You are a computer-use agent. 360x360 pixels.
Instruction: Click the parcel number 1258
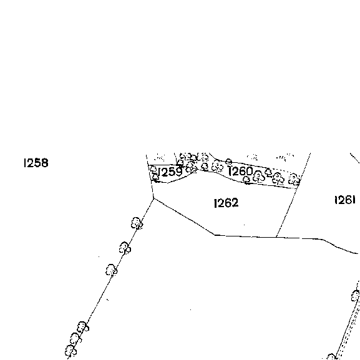point(36,163)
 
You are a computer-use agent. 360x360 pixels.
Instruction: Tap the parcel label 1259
point(170,172)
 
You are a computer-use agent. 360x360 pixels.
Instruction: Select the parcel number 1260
point(240,172)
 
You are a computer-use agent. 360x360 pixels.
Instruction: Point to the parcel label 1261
point(345,200)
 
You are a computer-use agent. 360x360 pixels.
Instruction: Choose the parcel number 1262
point(226,203)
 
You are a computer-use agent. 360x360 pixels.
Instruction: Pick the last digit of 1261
point(354,200)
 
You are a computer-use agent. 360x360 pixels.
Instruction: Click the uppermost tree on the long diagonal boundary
point(137,223)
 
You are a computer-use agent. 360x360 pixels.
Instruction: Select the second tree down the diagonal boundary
point(125,248)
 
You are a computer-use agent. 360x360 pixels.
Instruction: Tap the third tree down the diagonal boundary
point(112,270)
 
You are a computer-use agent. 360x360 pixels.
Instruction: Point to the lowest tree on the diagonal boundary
point(71,351)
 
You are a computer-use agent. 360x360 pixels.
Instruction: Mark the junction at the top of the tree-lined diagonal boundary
point(153,198)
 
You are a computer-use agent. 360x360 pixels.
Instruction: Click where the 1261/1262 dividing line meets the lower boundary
point(276,236)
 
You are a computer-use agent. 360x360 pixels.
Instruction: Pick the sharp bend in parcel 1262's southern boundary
point(215,235)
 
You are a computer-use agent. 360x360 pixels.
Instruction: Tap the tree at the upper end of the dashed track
point(356,296)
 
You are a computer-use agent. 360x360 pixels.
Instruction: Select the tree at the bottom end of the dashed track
point(331,357)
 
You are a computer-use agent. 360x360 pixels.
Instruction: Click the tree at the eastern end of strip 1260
point(294,179)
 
